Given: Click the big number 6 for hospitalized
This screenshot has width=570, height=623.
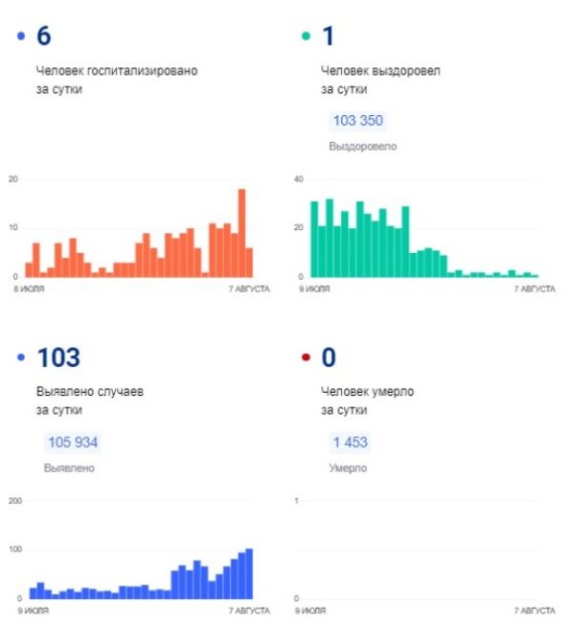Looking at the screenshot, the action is (x=44, y=35).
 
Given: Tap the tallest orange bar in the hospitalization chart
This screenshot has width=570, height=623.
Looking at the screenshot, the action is (x=241, y=233).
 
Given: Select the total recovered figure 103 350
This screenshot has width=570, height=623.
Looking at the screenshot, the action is (x=358, y=121).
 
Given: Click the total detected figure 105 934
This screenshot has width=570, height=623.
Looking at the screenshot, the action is (x=73, y=442).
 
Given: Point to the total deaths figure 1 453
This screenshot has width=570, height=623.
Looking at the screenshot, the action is (x=351, y=442).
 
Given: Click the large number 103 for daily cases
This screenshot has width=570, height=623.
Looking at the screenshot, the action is (x=58, y=358).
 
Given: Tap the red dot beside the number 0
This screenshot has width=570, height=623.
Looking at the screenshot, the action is (x=306, y=358).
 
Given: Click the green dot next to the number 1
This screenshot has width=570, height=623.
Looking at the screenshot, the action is (x=306, y=36).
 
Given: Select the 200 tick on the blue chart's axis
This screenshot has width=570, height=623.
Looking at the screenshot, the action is (x=15, y=500).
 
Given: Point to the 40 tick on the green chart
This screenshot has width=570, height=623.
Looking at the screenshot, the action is (x=299, y=179).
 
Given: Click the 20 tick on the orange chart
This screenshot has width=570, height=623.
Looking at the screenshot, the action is (x=13, y=179).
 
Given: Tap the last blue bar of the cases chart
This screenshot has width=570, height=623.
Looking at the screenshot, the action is (x=249, y=573).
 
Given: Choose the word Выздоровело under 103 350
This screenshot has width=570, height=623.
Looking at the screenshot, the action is (x=363, y=147).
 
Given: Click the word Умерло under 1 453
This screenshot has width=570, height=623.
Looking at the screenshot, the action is (x=348, y=468).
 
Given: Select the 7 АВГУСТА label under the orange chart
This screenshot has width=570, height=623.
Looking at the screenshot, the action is (x=249, y=288).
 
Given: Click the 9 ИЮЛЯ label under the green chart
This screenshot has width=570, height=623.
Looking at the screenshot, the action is (x=314, y=288).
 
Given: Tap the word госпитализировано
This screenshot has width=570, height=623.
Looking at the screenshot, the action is (x=142, y=71).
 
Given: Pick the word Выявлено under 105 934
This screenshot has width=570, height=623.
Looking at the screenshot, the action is (x=69, y=468).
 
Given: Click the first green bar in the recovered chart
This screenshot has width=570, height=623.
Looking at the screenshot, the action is (x=314, y=240).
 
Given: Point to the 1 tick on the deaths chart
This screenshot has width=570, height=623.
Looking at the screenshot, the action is (x=296, y=500).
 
